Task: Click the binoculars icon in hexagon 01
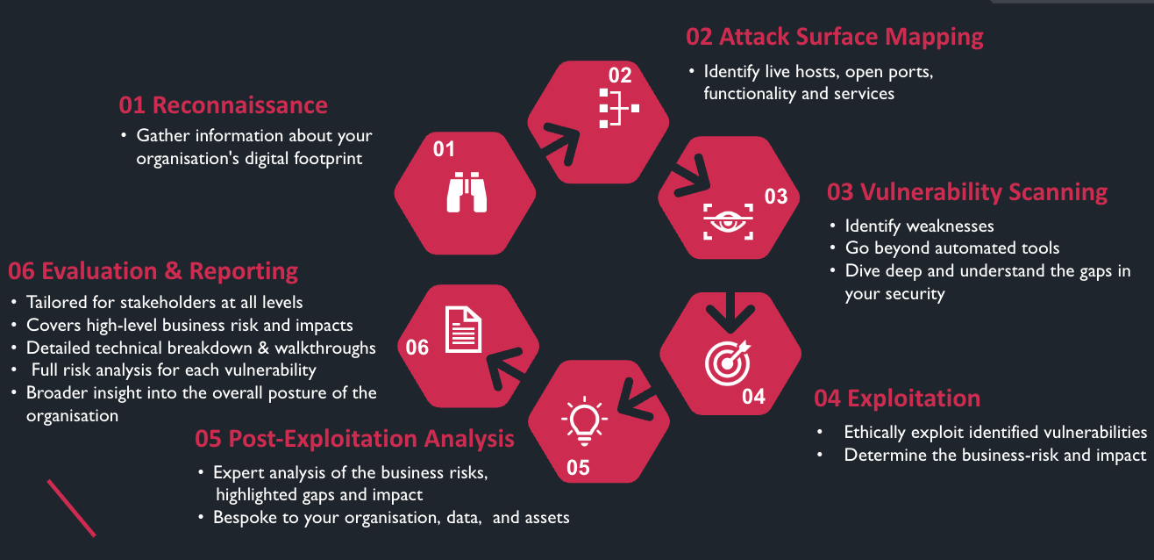click(x=467, y=192)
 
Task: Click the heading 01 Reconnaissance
click(x=224, y=105)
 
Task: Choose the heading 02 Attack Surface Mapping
click(x=834, y=37)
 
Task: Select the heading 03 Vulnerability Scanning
click(x=967, y=192)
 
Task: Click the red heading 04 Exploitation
click(x=897, y=398)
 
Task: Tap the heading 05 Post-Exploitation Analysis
click(x=355, y=438)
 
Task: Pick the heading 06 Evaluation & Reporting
click(x=153, y=270)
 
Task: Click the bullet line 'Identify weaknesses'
click(x=919, y=226)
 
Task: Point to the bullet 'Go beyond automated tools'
click(x=952, y=248)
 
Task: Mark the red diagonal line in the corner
click(x=71, y=507)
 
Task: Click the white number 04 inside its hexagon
click(x=753, y=396)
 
